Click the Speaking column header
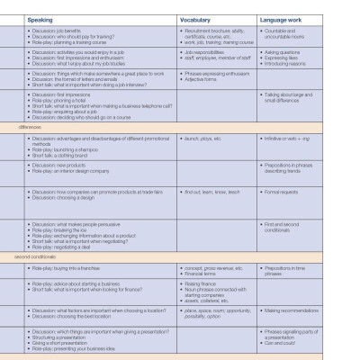(40, 18)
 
